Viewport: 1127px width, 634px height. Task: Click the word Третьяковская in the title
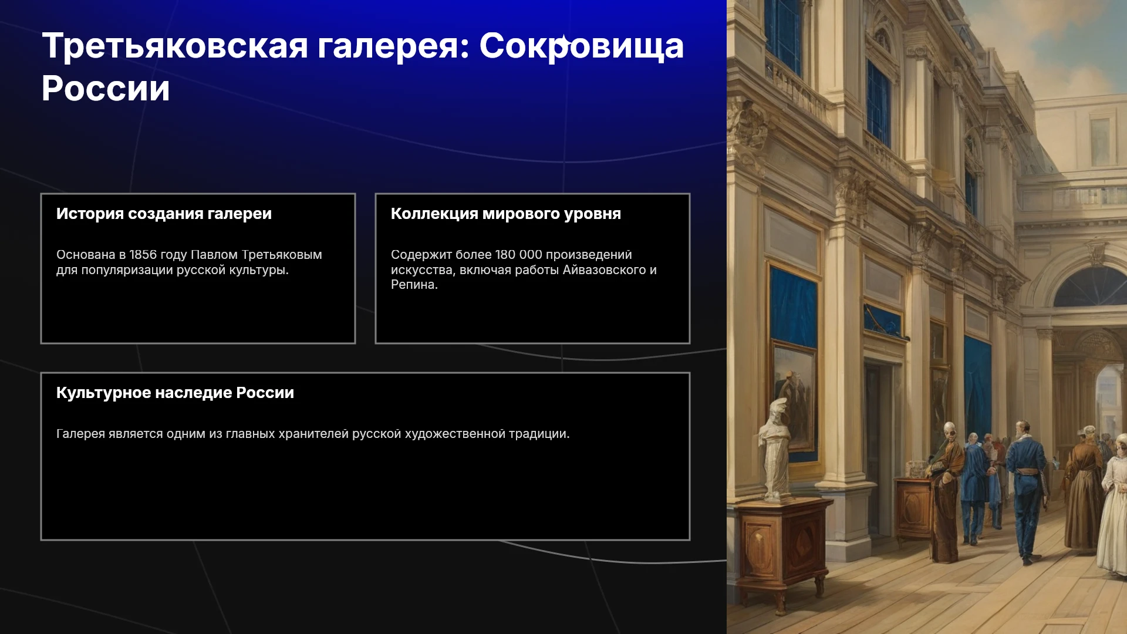(x=175, y=46)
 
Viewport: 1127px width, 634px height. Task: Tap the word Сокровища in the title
(x=582, y=46)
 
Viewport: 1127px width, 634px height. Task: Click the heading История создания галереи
(x=164, y=214)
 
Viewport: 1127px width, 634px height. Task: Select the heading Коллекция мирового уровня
(x=506, y=214)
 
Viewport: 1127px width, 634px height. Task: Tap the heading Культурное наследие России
(x=175, y=393)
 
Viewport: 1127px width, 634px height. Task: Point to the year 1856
(x=143, y=255)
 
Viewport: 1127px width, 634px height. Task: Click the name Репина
(x=414, y=285)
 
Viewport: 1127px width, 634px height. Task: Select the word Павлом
(x=214, y=255)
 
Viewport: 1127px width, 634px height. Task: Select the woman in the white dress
(x=1114, y=505)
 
